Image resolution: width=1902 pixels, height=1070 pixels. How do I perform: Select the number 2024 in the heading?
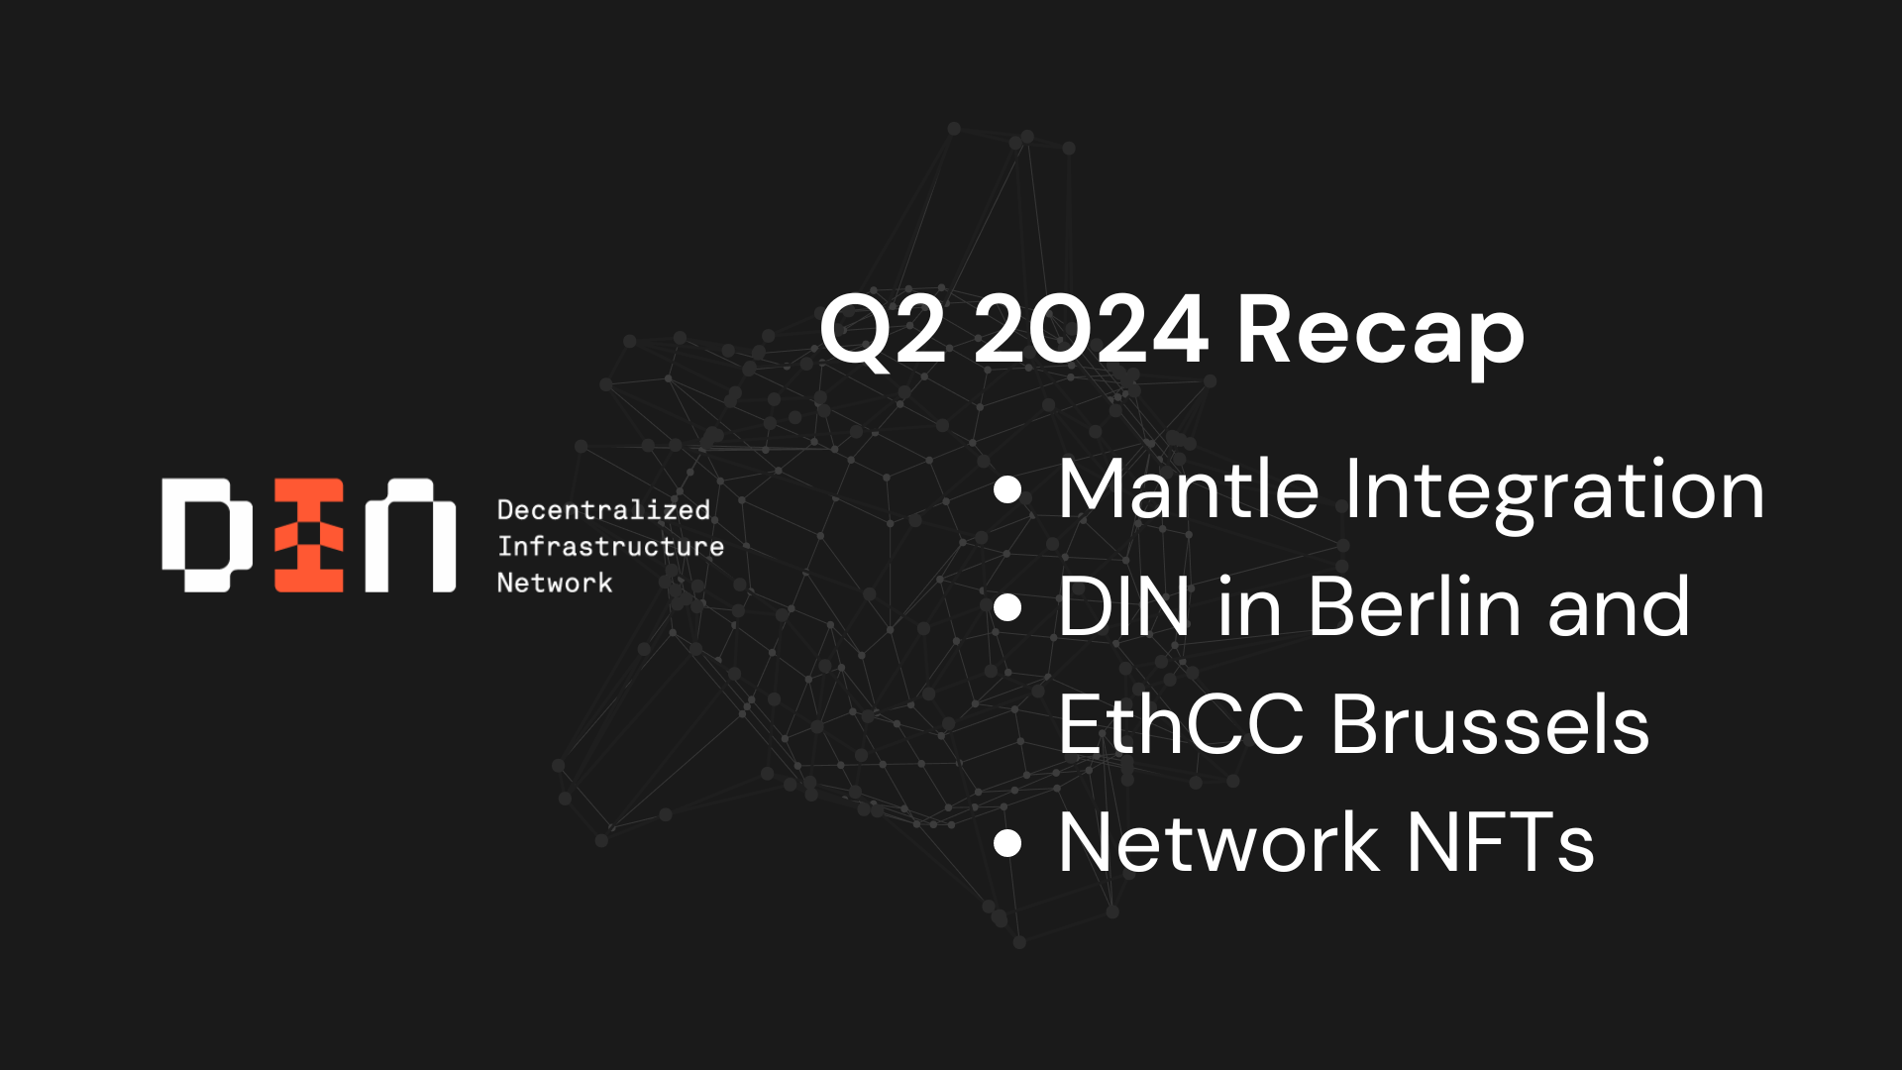[1091, 329]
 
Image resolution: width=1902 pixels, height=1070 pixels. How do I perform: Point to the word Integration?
[1555, 493]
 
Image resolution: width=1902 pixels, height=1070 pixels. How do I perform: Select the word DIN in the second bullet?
[1123, 606]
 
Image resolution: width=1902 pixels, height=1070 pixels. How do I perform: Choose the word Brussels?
[1490, 724]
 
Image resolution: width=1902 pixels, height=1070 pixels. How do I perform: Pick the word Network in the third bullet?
[1219, 842]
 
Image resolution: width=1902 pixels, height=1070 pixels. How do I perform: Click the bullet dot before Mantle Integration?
[1007, 490]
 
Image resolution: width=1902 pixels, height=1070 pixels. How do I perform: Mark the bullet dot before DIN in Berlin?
[1007, 607]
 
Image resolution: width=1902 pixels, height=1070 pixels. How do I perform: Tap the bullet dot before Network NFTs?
[1007, 842]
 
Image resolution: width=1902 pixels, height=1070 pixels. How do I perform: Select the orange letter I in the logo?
[309, 535]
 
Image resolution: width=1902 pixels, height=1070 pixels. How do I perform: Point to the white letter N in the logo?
[410, 535]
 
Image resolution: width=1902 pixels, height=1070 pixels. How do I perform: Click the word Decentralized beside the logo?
[603, 510]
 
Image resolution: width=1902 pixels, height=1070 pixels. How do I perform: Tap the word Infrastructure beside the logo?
[610, 546]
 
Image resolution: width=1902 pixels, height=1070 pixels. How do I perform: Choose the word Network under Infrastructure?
[555, 583]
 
